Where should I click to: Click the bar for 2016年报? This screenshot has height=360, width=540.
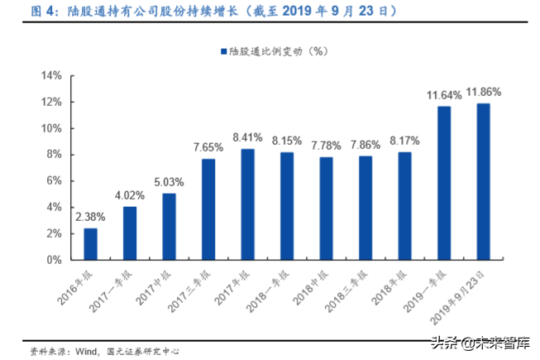[90, 244]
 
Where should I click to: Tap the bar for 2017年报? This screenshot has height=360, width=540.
[248, 204]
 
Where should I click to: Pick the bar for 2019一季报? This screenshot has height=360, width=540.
[444, 183]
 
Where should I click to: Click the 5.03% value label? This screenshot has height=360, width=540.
[169, 182]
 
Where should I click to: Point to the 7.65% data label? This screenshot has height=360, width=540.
[208, 147]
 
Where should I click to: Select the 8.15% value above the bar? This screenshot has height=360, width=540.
[287, 141]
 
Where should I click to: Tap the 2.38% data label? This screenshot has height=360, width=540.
[89, 217]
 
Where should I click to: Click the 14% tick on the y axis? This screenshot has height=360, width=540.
[52, 76]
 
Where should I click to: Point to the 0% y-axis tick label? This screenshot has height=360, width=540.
[55, 260]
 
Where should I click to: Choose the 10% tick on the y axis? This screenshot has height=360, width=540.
[52, 128]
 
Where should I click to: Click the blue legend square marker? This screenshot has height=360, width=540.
[222, 51]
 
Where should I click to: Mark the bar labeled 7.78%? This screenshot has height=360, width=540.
[326, 209]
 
